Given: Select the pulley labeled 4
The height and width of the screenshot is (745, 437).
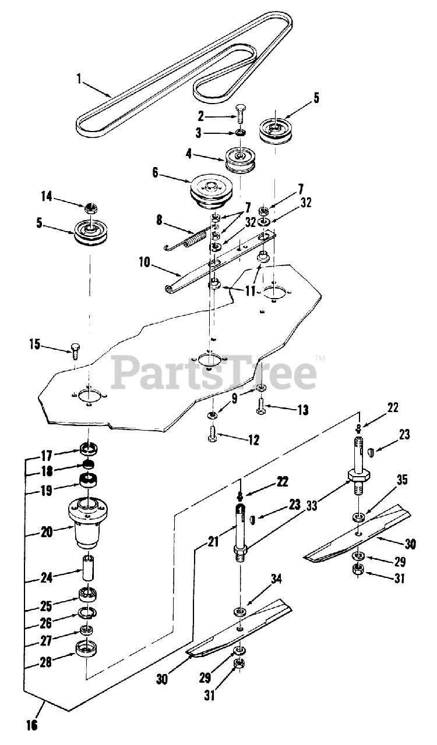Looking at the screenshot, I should point(241,159).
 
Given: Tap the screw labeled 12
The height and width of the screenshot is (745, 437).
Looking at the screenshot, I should point(213,434).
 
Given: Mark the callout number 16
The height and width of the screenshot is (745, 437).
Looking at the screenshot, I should point(31,725).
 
